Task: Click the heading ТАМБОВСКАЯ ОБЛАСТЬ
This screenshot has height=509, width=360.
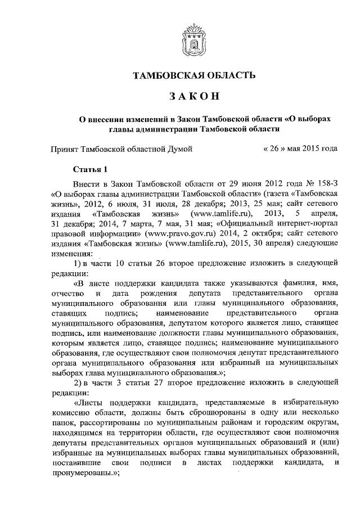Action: pyautogui.click(x=193, y=75)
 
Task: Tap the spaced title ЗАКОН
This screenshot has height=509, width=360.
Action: pyautogui.click(x=193, y=97)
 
